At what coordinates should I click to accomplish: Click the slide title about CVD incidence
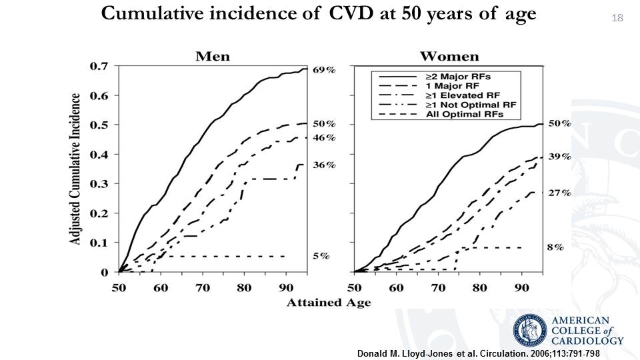click(x=319, y=14)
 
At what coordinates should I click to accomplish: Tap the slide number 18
click(x=616, y=18)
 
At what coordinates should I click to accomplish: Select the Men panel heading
click(x=212, y=56)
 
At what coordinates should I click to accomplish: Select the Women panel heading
click(x=449, y=56)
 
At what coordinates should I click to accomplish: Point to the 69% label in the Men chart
click(x=325, y=69)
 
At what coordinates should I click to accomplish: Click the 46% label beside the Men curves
click(x=325, y=137)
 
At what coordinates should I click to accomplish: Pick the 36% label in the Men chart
click(x=325, y=165)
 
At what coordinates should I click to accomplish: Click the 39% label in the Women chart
click(x=559, y=157)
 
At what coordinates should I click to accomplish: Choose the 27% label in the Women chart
click(x=559, y=193)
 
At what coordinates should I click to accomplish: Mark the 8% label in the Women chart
click(x=555, y=247)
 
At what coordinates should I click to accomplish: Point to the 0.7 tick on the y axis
click(x=99, y=66)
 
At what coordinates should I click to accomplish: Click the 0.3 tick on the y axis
click(x=99, y=184)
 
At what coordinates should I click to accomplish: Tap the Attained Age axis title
click(x=329, y=303)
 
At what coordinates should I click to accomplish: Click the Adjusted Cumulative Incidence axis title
click(x=77, y=169)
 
